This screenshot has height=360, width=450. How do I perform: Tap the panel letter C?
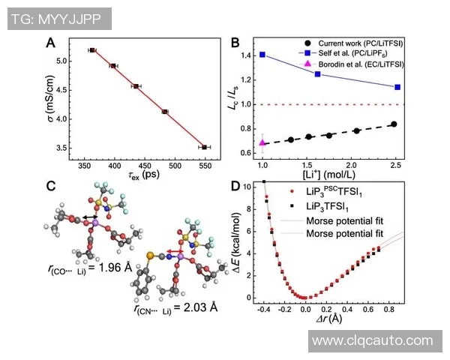point(50,185)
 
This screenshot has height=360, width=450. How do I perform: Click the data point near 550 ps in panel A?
point(205,147)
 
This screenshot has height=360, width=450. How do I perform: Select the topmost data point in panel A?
point(92,50)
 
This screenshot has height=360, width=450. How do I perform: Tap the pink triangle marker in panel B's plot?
point(262,142)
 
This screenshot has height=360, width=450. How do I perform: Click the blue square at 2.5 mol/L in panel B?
point(397,87)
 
